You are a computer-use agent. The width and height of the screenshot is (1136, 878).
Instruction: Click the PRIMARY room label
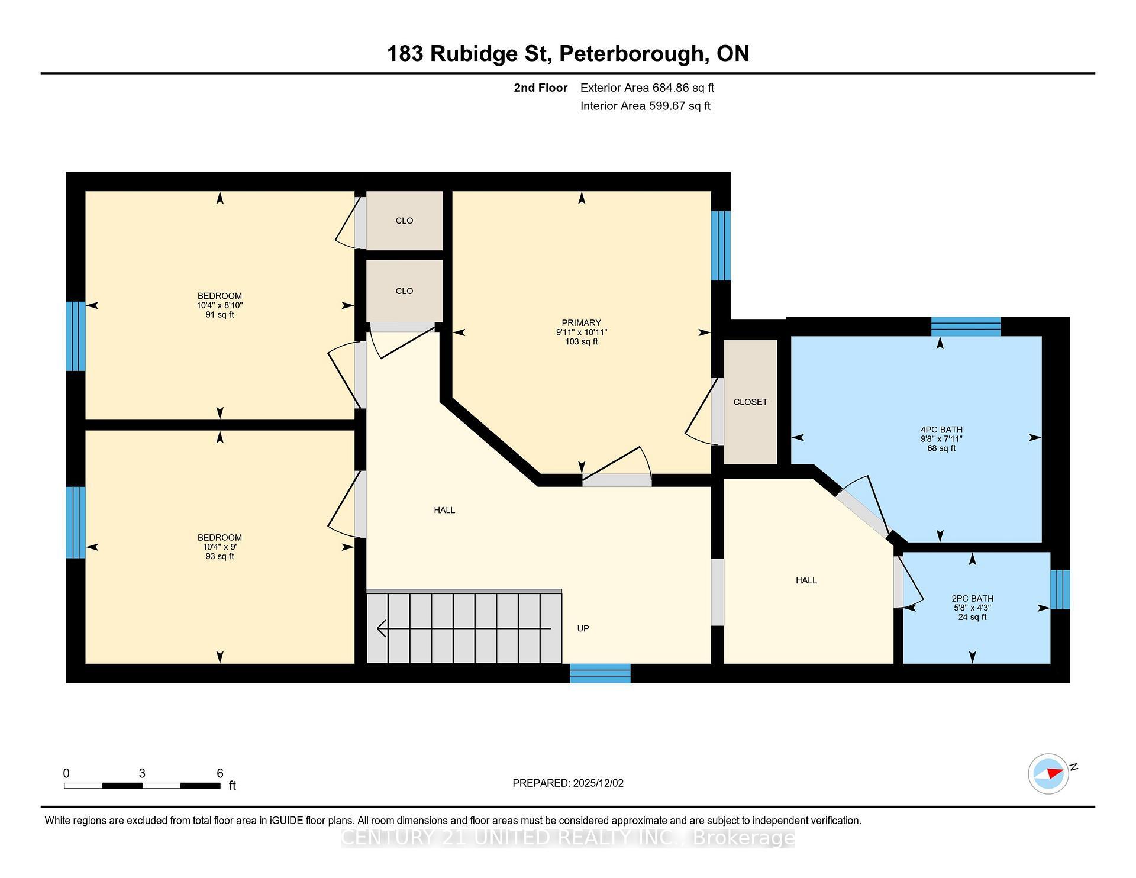pos(581,323)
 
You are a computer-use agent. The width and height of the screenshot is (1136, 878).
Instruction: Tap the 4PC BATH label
pos(941,430)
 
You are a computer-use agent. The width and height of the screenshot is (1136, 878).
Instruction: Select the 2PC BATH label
pos(972,599)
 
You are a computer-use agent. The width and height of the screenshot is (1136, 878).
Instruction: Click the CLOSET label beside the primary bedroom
pos(750,402)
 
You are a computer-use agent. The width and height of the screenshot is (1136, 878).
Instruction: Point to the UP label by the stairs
pos(583,629)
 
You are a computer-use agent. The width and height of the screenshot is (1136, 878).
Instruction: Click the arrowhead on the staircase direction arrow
pos(381,628)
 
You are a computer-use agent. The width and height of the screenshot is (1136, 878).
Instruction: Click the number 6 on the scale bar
pos(220,773)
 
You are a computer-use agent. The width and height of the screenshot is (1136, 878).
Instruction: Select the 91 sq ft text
pos(220,315)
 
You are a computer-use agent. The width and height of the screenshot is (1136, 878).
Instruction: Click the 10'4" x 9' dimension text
pos(220,547)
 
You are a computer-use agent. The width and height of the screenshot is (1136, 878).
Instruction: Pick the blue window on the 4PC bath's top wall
pos(966,327)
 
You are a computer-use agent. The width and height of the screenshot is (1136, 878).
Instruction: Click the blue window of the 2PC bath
pos(1060,589)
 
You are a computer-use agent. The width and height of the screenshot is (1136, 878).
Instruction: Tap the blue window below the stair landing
pos(600,673)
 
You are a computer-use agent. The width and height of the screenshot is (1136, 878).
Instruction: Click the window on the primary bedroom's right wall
pos(720,246)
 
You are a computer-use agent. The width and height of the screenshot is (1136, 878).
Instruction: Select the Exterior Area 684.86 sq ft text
pos(647,88)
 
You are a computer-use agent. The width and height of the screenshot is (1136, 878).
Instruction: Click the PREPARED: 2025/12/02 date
pos(568,783)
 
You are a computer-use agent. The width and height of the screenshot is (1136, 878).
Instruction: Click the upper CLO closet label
pos(404,221)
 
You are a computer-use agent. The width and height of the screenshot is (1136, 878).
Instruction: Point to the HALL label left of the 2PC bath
pos(806,581)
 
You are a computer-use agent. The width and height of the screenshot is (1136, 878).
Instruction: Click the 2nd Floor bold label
pos(540,88)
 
